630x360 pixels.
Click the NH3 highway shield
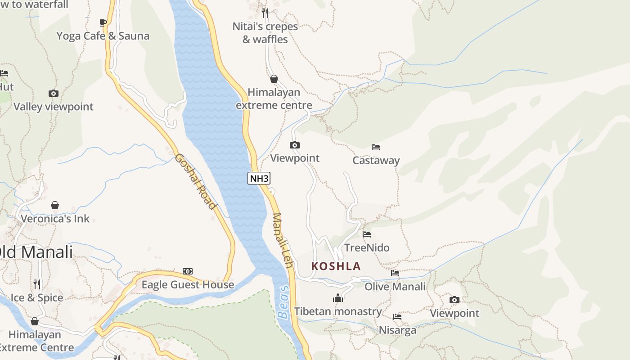(259, 178)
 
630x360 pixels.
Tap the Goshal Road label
(195, 181)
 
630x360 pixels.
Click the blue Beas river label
(283, 302)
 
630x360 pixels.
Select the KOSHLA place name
(336, 266)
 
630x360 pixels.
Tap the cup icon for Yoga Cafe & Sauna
(103, 22)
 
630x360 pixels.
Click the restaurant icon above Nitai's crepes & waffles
(265, 13)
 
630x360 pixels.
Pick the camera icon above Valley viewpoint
(54, 94)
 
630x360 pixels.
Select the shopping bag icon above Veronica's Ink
(55, 205)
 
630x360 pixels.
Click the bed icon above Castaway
(376, 147)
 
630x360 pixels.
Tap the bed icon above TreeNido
(367, 234)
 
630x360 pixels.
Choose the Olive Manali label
(395, 286)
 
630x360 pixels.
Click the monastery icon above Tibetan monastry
(338, 298)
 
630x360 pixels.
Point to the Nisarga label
(397, 330)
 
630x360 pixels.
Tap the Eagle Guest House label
(188, 284)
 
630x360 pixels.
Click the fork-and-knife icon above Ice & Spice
(37, 284)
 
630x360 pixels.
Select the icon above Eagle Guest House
(188, 271)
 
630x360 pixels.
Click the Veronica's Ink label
(55, 219)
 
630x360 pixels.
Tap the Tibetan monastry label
(338, 311)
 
